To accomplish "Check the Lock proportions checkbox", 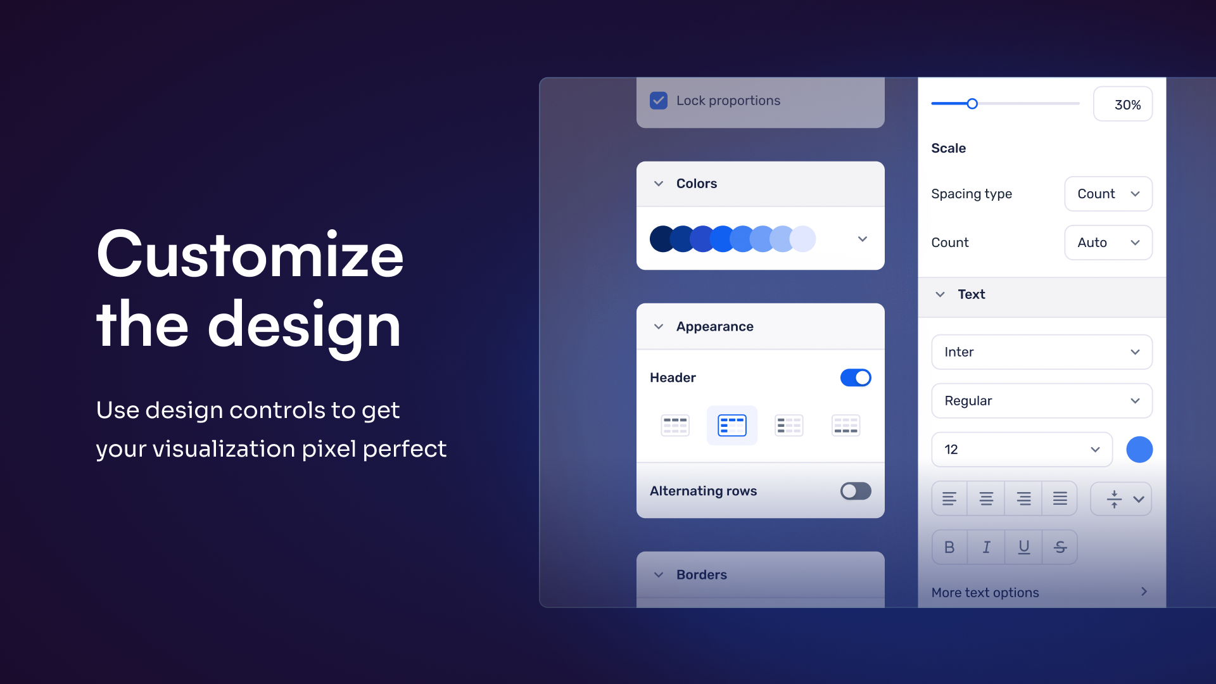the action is [x=659, y=101].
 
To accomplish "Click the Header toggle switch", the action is [x=856, y=377].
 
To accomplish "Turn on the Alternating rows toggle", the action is [x=856, y=491].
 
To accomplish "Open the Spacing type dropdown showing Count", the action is [x=1108, y=194].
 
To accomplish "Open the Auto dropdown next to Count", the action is [x=1108, y=243].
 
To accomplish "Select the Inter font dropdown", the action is [x=1042, y=352].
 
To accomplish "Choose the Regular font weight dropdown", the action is [x=1042, y=401].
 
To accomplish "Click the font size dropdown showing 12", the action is [x=1022, y=450].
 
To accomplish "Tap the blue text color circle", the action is [x=1139, y=450].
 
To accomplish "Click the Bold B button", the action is [x=949, y=547].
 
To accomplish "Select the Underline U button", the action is [x=1023, y=547].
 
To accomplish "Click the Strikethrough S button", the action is [x=1060, y=547].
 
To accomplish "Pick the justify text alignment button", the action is [x=1060, y=499].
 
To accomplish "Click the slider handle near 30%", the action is [x=972, y=104].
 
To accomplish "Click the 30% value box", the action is [x=1123, y=104].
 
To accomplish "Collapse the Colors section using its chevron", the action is [x=659, y=184].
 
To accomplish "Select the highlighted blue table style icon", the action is [x=732, y=426].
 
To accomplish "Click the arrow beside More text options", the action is [x=1144, y=592].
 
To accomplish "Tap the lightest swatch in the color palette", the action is [x=803, y=239].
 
